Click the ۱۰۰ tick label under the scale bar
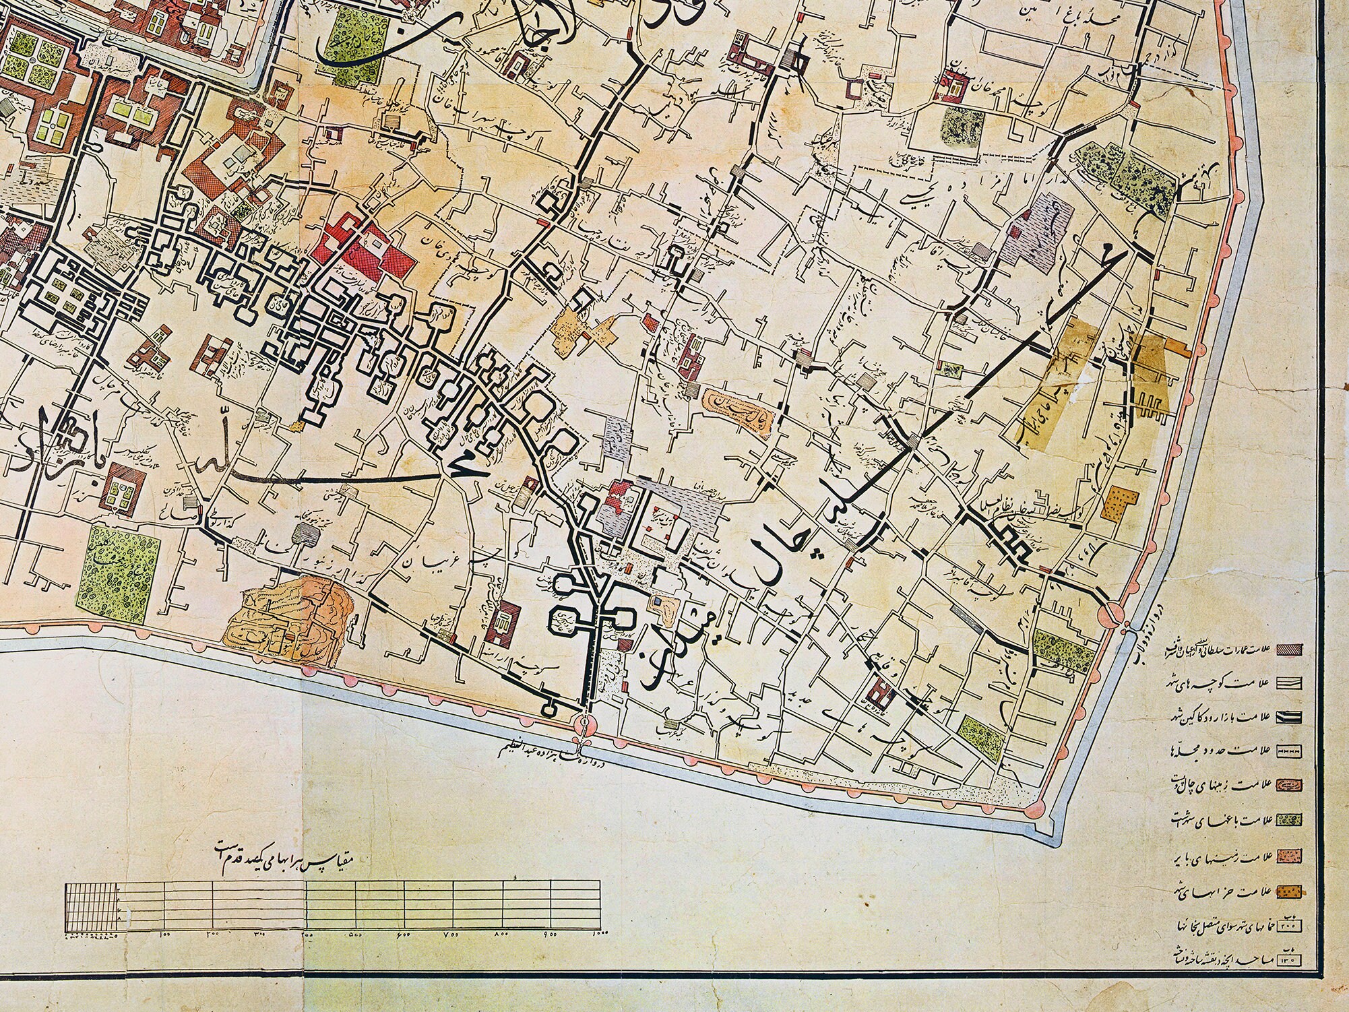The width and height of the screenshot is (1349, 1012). pos(164,933)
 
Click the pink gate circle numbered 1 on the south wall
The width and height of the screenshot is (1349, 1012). pos(584,723)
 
